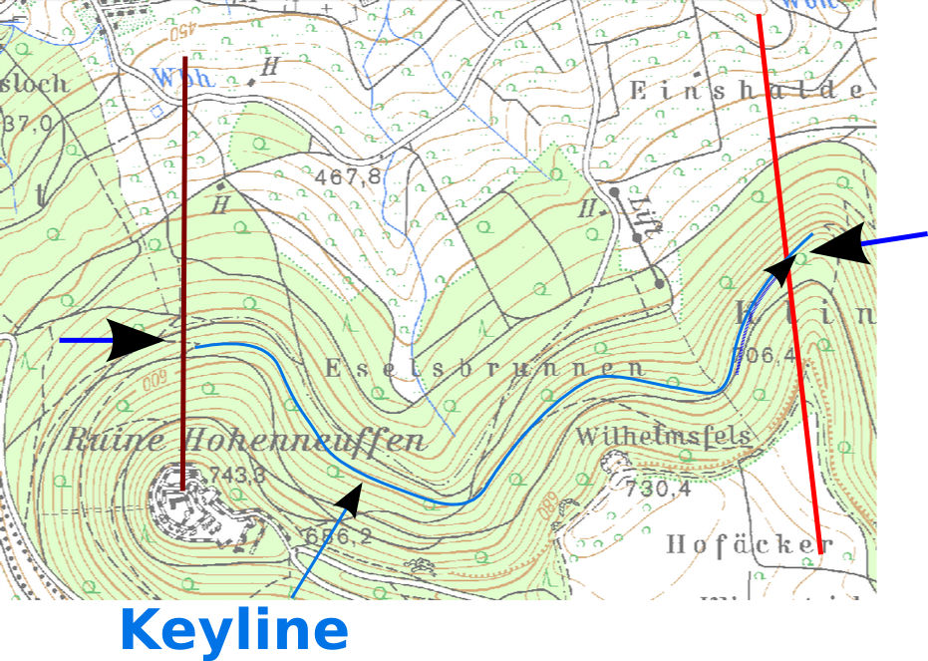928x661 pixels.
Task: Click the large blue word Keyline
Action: [x=234, y=630]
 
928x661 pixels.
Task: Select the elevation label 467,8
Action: [x=348, y=176]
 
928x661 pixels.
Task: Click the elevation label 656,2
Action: [x=336, y=536]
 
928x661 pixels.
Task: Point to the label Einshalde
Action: [x=746, y=90]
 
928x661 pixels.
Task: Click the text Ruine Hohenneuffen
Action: [x=245, y=441]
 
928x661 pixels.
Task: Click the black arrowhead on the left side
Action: [x=135, y=340]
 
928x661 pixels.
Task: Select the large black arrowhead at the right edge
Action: [x=839, y=243]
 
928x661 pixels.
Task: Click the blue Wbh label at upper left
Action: [x=180, y=77]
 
